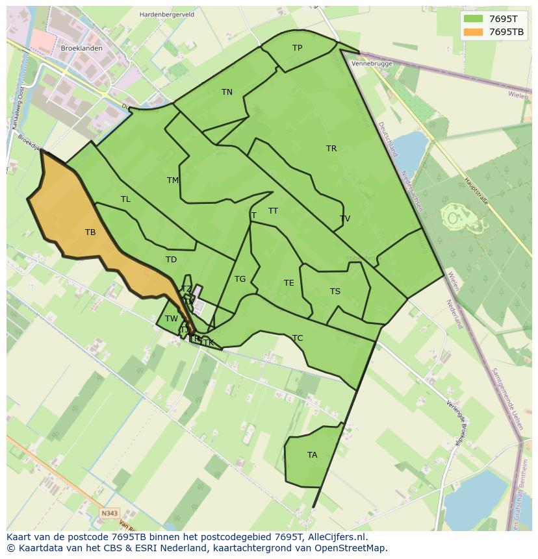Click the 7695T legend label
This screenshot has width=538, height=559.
click(503, 19)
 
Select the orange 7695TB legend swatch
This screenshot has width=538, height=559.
click(473, 32)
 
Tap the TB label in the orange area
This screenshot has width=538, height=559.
click(90, 232)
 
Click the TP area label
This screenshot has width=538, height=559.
click(297, 48)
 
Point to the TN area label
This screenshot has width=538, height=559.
click(227, 92)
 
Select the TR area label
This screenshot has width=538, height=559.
click(331, 149)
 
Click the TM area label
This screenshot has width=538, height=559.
click(173, 180)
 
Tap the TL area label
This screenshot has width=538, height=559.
click(125, 199)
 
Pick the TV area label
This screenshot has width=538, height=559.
click(345, 219)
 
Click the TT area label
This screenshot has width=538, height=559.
click(273, 211)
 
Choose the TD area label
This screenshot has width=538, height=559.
click(171, 260)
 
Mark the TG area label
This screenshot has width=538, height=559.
click(240, 279)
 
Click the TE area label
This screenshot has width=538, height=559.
click(288, 283)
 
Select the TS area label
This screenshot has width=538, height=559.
click(335, 292)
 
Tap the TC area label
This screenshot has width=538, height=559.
click(298, 338)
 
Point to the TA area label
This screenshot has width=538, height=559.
click(313, 455)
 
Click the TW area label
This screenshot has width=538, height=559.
click(171, 319)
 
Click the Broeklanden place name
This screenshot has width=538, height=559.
click(81, 49)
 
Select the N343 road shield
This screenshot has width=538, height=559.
click(110, 514)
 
